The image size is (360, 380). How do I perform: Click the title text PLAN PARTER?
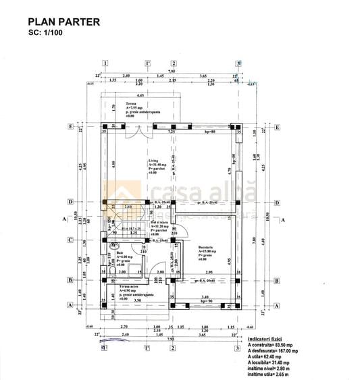64,22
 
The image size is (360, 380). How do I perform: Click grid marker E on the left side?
70,126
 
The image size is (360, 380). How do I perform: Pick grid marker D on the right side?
277,202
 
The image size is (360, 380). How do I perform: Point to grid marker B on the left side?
70,279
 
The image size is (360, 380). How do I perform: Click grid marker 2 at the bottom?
172,347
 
